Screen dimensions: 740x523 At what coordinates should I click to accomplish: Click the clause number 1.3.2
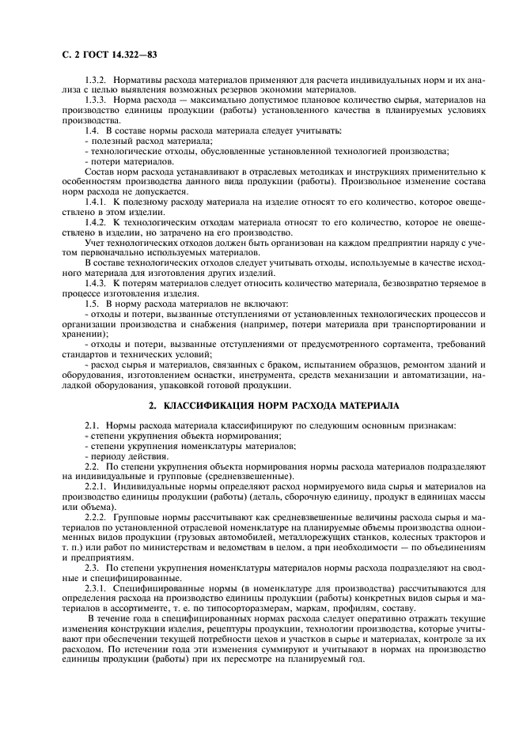pyautogui.click(x=97, y=81)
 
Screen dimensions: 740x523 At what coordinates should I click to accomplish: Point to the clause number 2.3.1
pyautogui.click(x=97, y=590)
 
